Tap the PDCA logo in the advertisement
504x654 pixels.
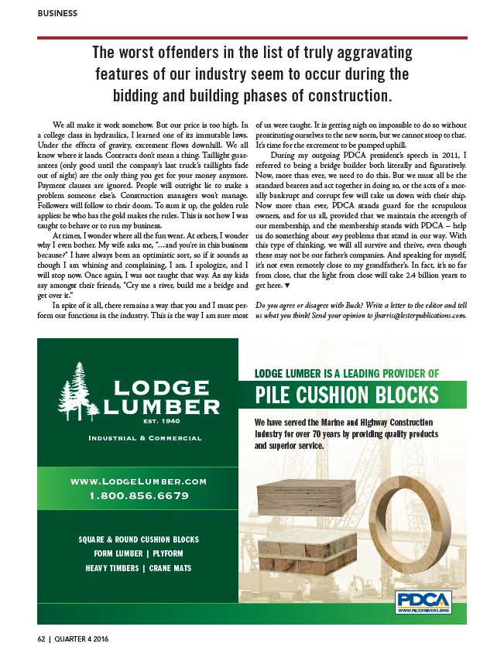click(423, 601)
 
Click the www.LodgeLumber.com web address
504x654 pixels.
click(139, 481)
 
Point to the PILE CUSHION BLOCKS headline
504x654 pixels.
click(346, 395)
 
